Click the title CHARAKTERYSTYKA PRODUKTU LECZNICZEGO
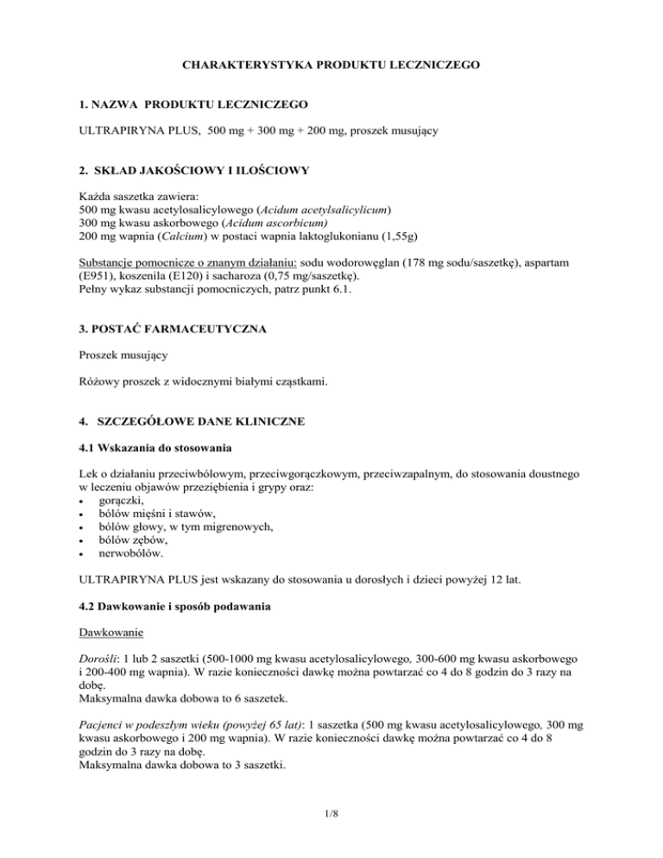[331, 65]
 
